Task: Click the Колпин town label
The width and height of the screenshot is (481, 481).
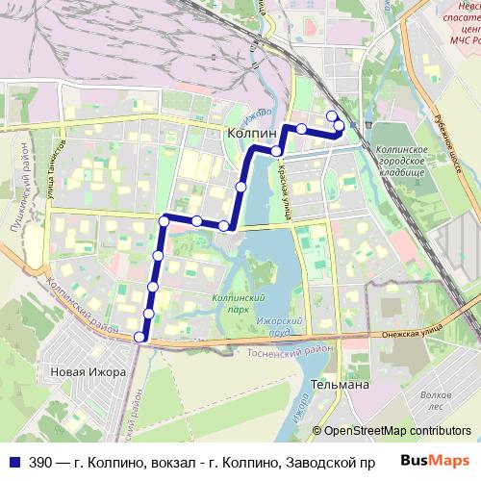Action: tap(251, 134)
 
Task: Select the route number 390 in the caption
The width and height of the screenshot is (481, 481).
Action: tap(41, 463)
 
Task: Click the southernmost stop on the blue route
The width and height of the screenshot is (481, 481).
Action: tap(140, 337)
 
